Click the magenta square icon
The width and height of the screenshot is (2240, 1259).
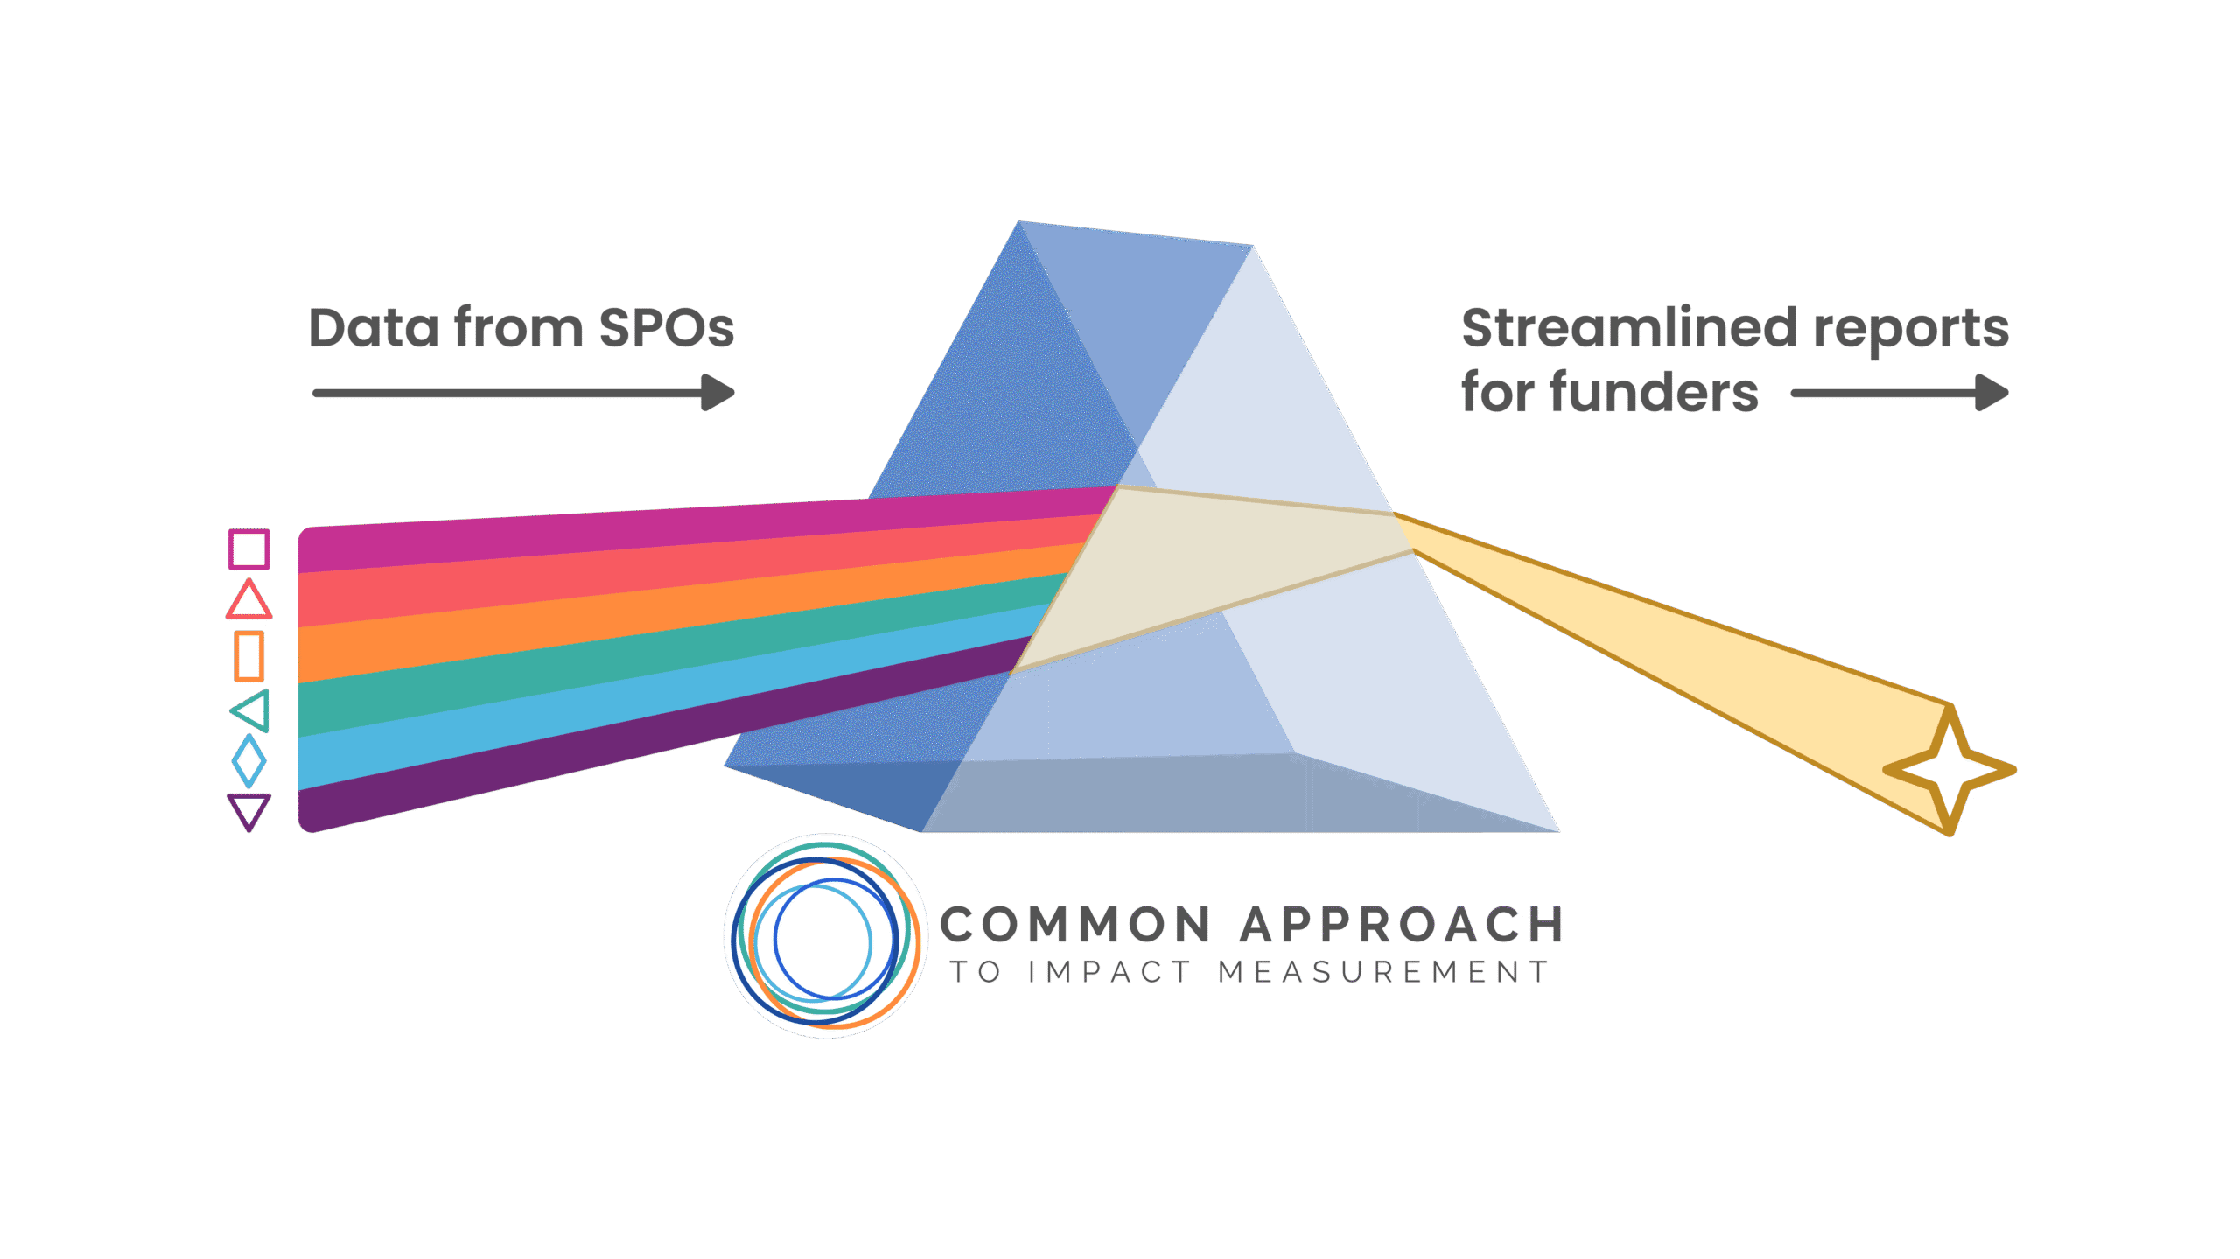[x=248, y=549]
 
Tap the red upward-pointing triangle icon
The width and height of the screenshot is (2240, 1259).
[x=248, y=602]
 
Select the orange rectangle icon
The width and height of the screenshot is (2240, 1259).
[x=248, y=655]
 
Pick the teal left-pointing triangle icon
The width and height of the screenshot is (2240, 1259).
[x=253, y=710]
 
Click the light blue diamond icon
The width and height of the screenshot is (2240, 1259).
[x=248, y=760]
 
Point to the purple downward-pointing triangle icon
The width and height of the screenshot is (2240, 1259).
[x=248, y=810]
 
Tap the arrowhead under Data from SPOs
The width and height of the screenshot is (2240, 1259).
[x=719, y=393]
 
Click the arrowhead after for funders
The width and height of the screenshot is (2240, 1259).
[x=1992, y=393]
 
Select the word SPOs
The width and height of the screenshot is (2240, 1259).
[x=666, y=329]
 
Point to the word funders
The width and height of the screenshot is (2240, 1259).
[x=1654, y=393]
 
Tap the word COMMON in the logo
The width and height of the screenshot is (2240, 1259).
[x=1075, y=925]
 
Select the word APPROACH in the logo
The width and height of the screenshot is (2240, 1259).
[x=1402, y=925]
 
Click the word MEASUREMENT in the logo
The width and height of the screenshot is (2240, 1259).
[x=1383, y=972]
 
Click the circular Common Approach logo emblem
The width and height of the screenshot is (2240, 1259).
[x=825, y=936]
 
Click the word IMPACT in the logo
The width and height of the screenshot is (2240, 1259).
[x=1109, y=972]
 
